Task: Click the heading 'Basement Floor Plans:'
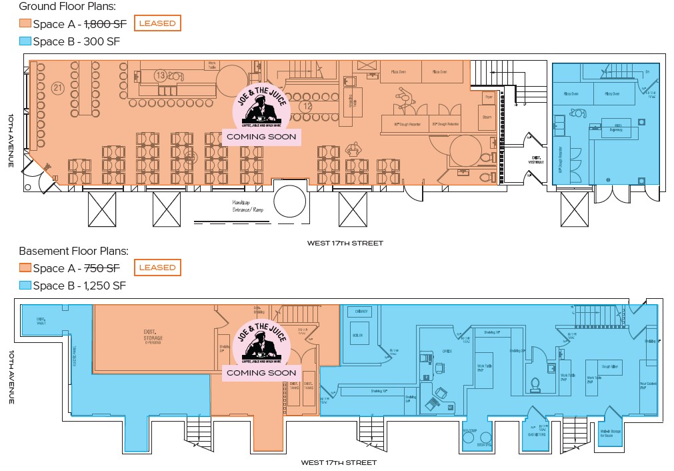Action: [x=73, y=252]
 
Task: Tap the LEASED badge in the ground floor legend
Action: [x=157, y=23]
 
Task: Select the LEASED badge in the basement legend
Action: [x=157, y=268]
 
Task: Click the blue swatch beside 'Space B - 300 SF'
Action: [x=25, y=41]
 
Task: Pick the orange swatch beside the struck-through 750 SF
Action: [x=25, y=268]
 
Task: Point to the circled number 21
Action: [x=57, y=87]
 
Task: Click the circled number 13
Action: [x=160, y=75]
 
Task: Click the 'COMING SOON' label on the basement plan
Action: [x=261, y=372]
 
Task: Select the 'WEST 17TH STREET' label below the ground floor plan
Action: [x=345, y=244]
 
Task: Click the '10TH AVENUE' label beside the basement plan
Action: [x=11, y=377]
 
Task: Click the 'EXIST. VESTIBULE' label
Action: [x=535, y=160]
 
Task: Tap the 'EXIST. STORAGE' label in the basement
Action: [x=153, y=336]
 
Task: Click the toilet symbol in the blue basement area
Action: [x=534, y=384]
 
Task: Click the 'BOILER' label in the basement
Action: [x=357, y=334]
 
